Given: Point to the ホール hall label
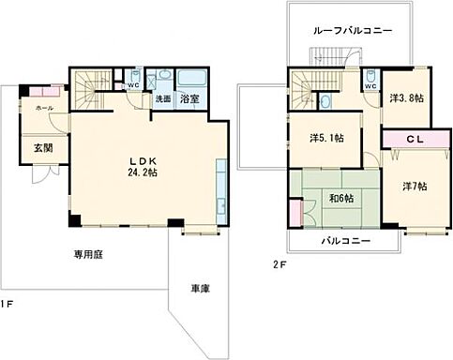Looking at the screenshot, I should [43, 109].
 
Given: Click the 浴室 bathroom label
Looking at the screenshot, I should [189, 98].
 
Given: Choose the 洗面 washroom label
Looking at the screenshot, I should [162, 98].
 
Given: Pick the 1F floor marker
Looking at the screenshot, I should [8, 303].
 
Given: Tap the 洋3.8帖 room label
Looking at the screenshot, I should [406, 97].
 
